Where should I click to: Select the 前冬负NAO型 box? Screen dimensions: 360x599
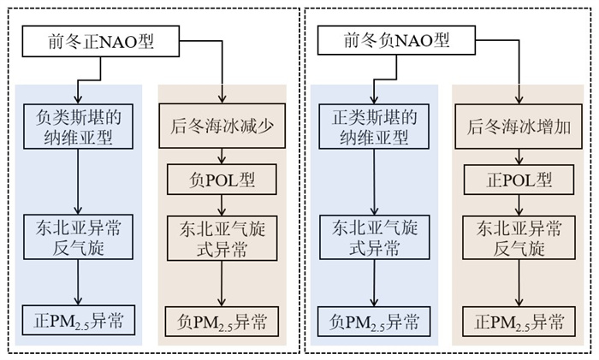point(384,40)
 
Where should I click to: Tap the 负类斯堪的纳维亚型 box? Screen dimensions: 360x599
point(78,127)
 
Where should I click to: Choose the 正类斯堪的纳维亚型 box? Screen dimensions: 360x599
point(373,127)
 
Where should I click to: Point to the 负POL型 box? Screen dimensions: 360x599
point(222,180)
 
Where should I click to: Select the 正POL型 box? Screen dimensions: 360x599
point(517,180)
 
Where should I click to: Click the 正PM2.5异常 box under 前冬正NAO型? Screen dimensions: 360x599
point(78,322)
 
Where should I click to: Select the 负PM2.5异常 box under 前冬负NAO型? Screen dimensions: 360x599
point(373,322)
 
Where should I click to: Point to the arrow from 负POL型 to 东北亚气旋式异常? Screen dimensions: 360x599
point(222,204)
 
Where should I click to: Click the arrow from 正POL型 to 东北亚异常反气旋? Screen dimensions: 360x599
point(517,204)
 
